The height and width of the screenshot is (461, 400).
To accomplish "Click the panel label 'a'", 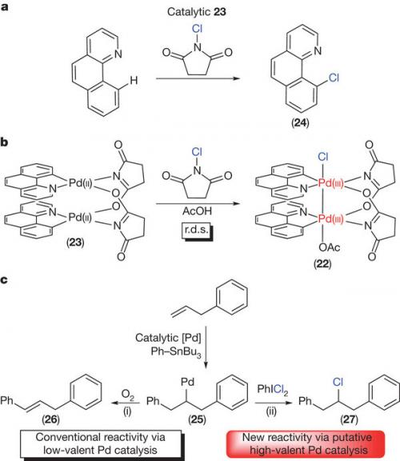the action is tap(5, 6).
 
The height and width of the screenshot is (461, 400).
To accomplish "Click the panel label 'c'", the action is tap(4, 279).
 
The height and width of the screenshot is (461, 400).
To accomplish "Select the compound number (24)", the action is tap(300, 122).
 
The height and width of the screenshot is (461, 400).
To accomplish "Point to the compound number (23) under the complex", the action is tap(75, 243).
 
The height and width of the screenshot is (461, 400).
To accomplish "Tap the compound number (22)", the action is tap(322, 264).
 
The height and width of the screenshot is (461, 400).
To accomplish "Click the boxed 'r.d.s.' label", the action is tap(197, 230).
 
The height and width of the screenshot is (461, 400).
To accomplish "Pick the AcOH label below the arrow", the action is tap(197, 210).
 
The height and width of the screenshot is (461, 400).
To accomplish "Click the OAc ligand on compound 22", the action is tap(329, 247).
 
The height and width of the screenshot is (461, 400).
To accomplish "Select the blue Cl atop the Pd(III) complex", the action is tap(322, 157).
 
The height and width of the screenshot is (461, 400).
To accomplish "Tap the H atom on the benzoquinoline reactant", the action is tap(134, 80).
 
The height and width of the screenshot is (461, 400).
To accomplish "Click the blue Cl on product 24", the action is tap(334, 78).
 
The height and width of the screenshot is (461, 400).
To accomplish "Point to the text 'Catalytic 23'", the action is tap(197, 12).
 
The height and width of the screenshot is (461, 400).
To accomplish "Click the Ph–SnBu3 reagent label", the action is tap(176, 351).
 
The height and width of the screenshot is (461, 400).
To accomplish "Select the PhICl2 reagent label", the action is tap(273, 390).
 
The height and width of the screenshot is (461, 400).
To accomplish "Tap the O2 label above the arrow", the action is tap(127, 395).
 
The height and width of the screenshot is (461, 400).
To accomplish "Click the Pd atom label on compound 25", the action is tap(187, 382).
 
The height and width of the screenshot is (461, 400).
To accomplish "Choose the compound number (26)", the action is tap(50, 419).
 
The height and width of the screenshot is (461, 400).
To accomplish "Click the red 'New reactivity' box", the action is tap(306, 444).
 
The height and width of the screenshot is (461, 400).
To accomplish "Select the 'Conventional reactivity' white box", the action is tap(101, 444).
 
